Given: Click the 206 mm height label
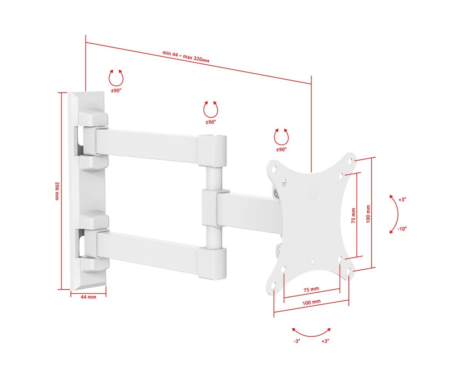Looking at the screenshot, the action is (x=57, y=191).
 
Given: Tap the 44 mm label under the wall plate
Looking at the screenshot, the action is (x=88, y=297).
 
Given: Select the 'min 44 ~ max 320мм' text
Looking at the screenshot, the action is (x=186, y=57).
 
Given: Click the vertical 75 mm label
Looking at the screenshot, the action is (x=353, y=216).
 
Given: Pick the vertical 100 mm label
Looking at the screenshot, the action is (x=368, y=214).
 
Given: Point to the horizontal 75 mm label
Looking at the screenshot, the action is (x=311, y=289).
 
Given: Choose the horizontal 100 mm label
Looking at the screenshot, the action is (x=311, y=303).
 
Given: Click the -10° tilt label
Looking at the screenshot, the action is (x=402, y=229).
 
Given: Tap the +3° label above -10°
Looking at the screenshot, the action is (x=402, y=200).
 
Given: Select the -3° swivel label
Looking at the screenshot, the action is (x=297, y=341).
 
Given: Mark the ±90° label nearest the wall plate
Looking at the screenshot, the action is (x=116, y=90).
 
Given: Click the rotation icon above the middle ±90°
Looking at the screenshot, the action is (x=211, y=109).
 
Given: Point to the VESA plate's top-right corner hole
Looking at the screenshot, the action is (x=350, y=162).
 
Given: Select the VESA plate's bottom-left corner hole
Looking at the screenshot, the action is (x=274, y=285).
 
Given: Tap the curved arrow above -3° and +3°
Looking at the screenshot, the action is (x=311, y=336).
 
